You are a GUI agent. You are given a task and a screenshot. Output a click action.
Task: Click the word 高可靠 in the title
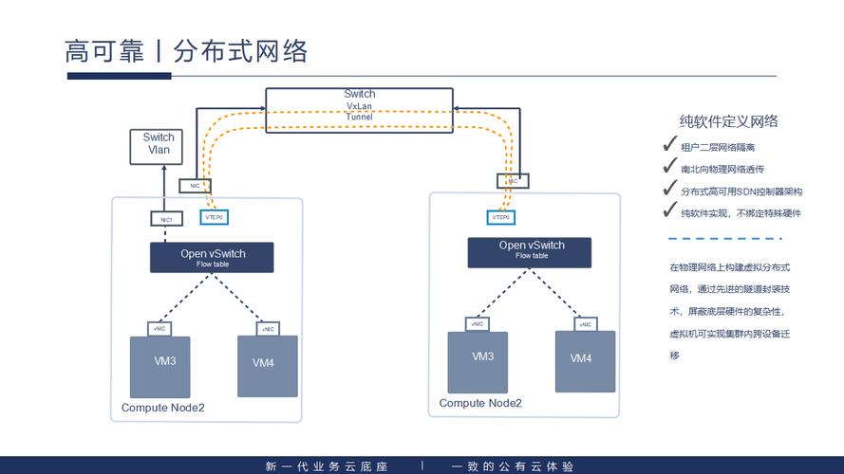(103, 50)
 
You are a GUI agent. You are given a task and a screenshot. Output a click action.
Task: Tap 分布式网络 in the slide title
(241, 50)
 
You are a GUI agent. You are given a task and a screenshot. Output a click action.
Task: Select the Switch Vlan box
(159, 144)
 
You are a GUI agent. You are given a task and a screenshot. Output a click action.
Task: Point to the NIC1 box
(165, 219)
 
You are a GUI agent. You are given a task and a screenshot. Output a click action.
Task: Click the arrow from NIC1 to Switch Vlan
(164, 189)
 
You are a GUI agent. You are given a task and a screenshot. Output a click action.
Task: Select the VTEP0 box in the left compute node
(214, 217)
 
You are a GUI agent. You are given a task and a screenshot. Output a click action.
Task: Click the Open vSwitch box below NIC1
(212, 257)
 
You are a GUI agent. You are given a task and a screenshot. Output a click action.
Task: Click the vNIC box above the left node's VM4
(267, 329)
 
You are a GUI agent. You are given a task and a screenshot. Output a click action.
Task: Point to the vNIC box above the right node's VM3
(477, 323)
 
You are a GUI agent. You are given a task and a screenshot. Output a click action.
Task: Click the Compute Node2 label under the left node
(162, 409)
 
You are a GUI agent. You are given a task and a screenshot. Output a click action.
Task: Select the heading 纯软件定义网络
(729, 121)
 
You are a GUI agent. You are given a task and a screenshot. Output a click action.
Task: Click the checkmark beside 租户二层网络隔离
(670, 146)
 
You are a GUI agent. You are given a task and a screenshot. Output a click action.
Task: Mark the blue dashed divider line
(732, 239)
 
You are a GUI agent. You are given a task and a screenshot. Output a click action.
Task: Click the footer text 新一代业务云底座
(327, 466)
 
